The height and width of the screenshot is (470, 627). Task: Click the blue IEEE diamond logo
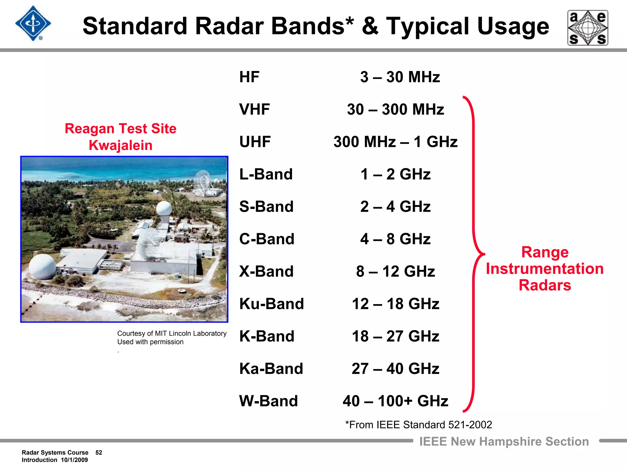[x=33, y=24]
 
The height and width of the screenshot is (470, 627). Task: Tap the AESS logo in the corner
[x=588, y=28]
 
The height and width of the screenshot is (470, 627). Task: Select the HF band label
[x=249, y=77]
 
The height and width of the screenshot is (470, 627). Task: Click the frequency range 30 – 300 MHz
[x=395, y=110]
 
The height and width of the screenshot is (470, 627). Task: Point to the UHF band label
[x=255, y=142]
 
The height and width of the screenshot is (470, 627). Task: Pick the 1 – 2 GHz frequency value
[x=395, y=174]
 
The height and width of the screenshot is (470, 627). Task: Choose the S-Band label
[x=266, y=207]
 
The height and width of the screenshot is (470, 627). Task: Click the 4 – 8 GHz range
[x=395, y=239]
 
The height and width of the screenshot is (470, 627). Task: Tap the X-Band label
[x=266, y=272]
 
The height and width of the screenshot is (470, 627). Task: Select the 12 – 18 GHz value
[x=395, y=304]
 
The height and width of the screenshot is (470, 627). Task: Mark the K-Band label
[x=267, y=337]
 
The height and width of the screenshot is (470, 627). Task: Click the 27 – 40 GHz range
[x=395, y=369]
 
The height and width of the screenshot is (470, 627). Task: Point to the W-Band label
[x=268, y=401]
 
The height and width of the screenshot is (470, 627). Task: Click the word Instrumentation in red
[x=545, y=269]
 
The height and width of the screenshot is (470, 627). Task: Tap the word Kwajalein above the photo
[x=121, y=145]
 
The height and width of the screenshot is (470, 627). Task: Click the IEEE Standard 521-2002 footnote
[x=419, y=425]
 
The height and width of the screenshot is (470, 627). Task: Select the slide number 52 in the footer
[x=99, y=453]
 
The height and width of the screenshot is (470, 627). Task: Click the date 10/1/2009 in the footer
[x=74, y=460]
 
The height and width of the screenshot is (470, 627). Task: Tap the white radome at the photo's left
[x=43, y=266]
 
